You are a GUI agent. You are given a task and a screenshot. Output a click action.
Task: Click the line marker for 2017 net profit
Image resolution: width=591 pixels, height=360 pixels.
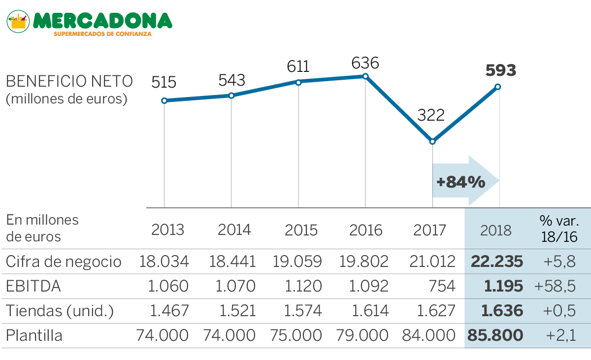point(432,141)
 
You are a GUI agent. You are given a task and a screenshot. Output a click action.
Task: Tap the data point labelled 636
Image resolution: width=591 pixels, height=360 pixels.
point(365,76)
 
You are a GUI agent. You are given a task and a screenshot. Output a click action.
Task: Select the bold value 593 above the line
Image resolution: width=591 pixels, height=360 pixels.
point(500,70)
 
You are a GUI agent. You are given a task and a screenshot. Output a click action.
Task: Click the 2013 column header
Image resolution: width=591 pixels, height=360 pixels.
point(167,230)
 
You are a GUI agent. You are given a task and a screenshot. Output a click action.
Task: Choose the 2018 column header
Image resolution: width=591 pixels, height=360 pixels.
point(496,230)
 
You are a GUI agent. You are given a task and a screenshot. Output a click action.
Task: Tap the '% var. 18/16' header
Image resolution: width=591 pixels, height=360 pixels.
point(559,228)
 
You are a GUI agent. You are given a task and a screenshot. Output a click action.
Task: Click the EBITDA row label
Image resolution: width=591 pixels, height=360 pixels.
point(33,286)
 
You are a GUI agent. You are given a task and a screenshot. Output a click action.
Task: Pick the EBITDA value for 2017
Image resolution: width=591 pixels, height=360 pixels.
point(442,286)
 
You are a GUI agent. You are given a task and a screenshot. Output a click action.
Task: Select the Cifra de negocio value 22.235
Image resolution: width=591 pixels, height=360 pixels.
point(496,262)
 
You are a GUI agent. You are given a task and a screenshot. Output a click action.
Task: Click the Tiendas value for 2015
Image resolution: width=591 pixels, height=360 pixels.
point(302,311)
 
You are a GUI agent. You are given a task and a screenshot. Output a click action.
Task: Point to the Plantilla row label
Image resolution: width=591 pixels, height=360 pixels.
point(34,335)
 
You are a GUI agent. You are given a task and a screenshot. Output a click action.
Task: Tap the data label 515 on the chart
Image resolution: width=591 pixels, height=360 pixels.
point(164,82)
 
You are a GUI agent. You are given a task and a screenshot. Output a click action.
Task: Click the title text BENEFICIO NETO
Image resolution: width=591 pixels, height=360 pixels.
point(69,81)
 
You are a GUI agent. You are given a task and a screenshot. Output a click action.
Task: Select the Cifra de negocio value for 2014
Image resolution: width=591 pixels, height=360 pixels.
point(233,262)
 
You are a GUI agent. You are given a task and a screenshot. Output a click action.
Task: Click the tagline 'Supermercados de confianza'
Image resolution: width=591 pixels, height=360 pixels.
point(102,34)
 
